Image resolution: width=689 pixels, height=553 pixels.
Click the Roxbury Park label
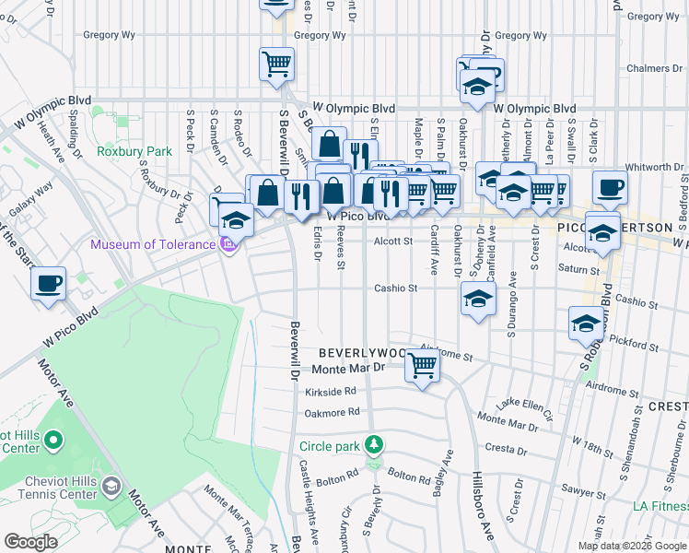tap(135, 151)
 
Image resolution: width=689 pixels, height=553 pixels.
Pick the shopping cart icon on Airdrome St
tap(422, 365)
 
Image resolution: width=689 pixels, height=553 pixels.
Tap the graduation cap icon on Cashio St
tap(477, 299)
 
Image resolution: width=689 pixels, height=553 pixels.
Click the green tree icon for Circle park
tap(373, 446)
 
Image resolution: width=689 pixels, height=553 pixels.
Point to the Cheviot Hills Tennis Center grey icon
tap(111, 486)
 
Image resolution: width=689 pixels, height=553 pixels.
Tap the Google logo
tap(31, 542)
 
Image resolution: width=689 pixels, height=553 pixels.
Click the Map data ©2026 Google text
tap(631, 546)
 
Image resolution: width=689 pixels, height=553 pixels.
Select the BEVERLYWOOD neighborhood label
tap(362, 353)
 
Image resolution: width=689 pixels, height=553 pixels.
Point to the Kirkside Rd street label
tap(330, 392)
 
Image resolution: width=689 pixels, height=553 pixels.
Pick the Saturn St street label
tap(577, 268)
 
